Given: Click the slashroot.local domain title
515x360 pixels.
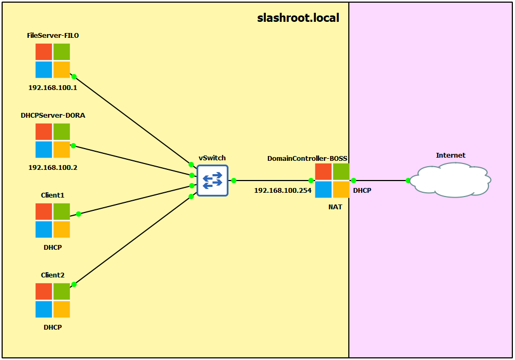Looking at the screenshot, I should (x=298, y=18).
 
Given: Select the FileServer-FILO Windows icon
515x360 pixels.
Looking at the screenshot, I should (x=53, y=61).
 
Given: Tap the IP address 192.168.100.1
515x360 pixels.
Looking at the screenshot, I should (x=53, y=87).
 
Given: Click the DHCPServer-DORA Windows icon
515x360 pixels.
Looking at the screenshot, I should (x=53, y=141).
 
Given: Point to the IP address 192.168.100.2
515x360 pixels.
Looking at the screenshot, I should (x=53, y=167).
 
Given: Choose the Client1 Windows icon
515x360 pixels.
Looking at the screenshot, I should (x=53, y=220).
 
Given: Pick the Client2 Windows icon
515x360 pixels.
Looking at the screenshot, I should (x=53, y=300).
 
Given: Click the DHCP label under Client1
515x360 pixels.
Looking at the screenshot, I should (x=53, y=247).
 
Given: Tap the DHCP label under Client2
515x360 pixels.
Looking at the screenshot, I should (x=53, y=327).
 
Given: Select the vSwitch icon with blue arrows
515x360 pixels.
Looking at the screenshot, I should (x=212, y=181).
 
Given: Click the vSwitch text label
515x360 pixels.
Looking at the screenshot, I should (x=212, y=158).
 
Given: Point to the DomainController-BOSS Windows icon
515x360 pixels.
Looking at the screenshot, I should (x=332, y=181).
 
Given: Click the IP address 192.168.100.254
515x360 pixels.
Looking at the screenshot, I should (x=282, y=190).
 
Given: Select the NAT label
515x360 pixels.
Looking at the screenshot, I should (x=335, y=207).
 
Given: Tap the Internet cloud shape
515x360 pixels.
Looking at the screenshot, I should (x=451, y=181).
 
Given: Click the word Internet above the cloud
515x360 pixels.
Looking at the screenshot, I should (x=451, y=156).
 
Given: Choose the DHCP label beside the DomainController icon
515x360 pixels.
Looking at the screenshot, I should (x=362, y=190).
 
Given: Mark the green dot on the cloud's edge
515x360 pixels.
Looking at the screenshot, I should (x=408, y=181).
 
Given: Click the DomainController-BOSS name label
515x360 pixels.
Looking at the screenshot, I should (x=307, y=159).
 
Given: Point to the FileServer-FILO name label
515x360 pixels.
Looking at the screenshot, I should (x=53, y=36).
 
